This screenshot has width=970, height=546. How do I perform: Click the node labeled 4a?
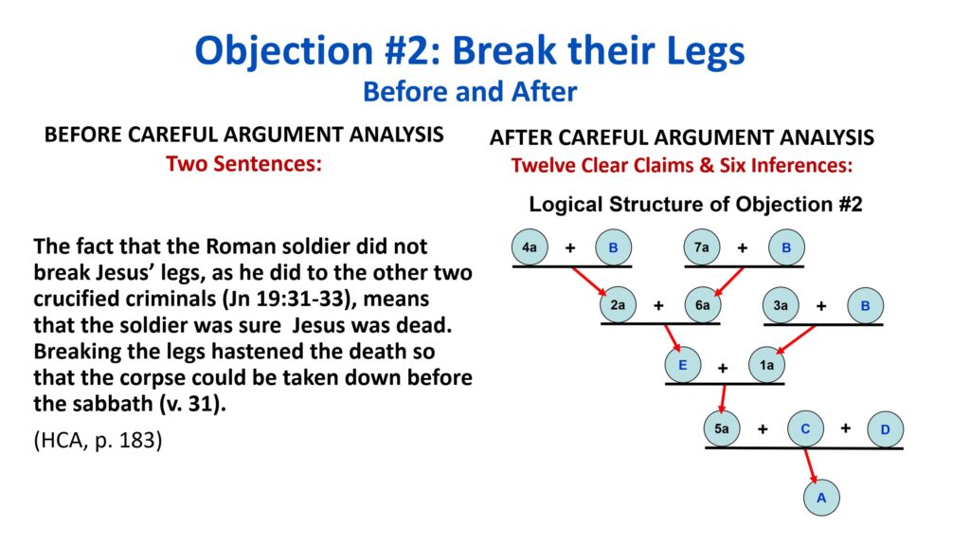tap(530, 247)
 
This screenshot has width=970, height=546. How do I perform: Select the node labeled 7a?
tap(702, 247)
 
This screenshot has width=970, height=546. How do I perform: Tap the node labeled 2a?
tap(618, 304)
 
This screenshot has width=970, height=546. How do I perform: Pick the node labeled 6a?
tap(702, 304)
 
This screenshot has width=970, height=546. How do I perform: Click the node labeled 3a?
tap(781, 305)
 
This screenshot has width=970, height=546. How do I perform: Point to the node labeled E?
tap(683, 365)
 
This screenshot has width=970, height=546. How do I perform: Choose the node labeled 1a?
tap(766, 365)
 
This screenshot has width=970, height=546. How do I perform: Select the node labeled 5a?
tap(722, 428)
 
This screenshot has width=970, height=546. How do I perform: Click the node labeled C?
tap(805, 428)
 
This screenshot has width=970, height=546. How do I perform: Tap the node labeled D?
tap(886, 429)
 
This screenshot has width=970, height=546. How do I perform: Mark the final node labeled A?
tap(821, 497)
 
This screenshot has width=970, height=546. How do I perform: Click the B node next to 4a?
tap(614, 247)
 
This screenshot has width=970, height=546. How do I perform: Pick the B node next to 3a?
tap(866, 305)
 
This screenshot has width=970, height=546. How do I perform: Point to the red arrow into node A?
tap(811, 465)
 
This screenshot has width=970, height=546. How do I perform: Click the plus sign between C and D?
tap(846, 428)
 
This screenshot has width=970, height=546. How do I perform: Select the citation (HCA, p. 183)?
tap(98, 440)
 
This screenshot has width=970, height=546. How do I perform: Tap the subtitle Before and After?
tap(470, 92)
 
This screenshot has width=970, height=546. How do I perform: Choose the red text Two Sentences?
tap(243, 164)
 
